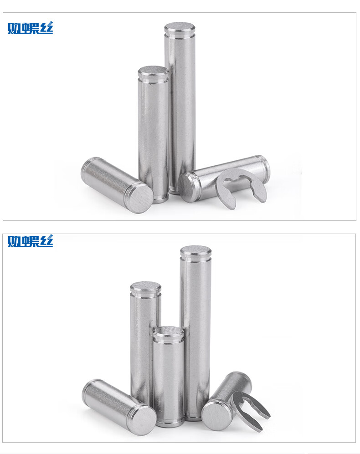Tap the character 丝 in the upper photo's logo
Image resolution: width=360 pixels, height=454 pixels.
coord(46,28)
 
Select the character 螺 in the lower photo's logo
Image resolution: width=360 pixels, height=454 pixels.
coord(30,241)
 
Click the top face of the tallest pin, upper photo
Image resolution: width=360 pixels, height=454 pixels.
coord(180,28)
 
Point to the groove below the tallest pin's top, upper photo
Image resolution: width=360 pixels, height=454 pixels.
coord(180,36)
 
